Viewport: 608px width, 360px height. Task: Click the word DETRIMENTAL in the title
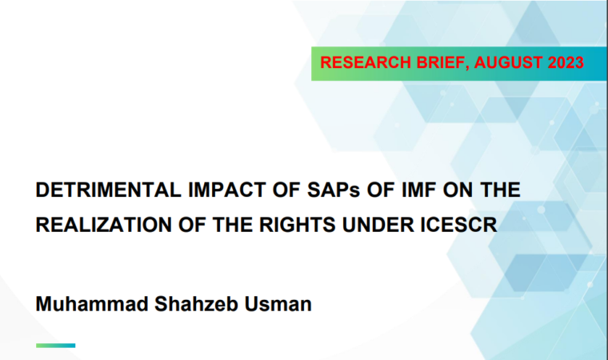click(108, 190)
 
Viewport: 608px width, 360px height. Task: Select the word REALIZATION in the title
click(103, 225)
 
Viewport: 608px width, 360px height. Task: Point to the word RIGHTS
click(297, 225)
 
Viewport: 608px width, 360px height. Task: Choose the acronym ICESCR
click(458, 225)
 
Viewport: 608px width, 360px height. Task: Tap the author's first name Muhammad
click(92, 304)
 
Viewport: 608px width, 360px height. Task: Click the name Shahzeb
click(196, 304)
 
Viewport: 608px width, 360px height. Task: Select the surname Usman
click(278, 304)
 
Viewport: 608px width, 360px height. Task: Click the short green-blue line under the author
click(55, 346)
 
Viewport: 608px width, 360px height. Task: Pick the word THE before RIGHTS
click(233, 225)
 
